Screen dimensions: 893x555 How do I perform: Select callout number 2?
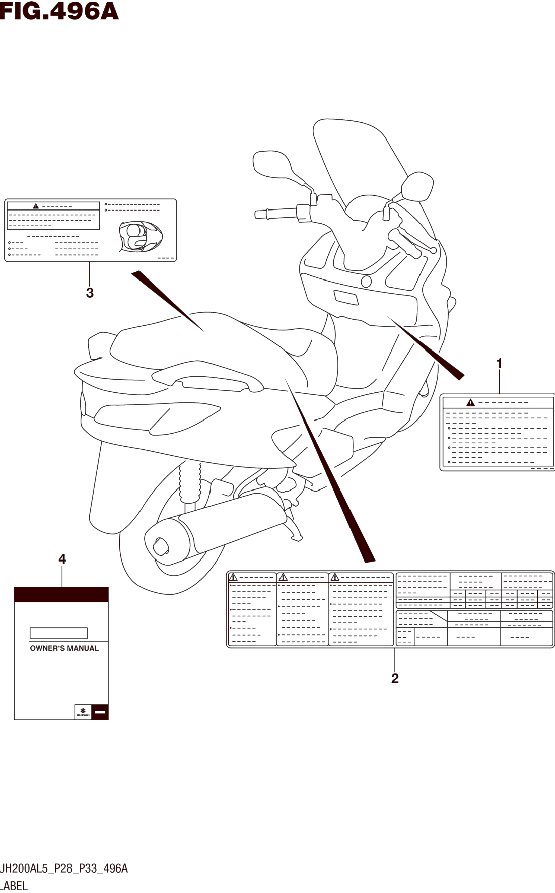[x=395, y=678]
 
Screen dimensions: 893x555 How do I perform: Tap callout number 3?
[x=90, y=293]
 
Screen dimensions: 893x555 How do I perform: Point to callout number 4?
[x=62, y=559]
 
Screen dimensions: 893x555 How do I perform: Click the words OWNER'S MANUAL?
[x=64, y=649]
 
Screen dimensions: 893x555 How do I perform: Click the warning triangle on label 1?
[x=470, y=403]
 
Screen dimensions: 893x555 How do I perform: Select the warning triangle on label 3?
[x=36, y=206]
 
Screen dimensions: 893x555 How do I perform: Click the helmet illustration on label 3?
[x=140, y=237]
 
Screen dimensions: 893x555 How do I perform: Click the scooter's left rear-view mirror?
[x=272, y=164]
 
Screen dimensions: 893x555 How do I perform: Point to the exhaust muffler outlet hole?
[x=160, y=547]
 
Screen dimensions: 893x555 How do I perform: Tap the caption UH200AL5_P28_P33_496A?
[x=63, y=869]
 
